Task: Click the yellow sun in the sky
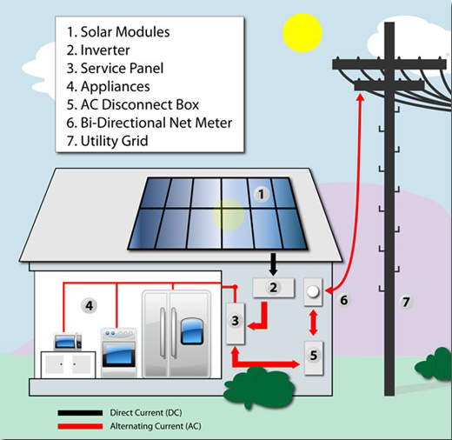pos(301,30)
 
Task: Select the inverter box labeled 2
pos(272,288)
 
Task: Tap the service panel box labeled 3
pos(235,322)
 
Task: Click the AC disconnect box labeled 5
pos(315,355)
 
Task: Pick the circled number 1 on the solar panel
pos(259,195)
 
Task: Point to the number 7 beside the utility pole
pos(404,303)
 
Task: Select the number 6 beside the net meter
pos(343,300)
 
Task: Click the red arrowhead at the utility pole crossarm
pos(360,83)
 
